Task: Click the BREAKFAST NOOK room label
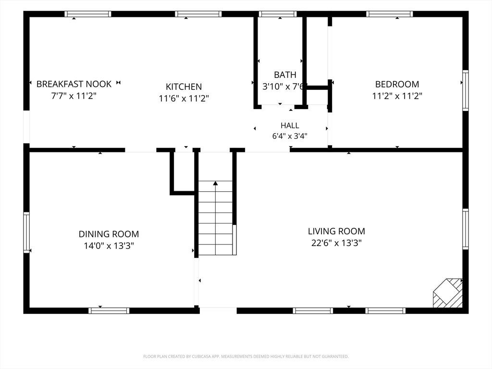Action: pyautogui.click(x=74, y=84)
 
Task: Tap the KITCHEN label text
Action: pyautogui.click(x=184, y=86)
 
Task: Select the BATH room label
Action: pyautogui.click(x=285, y=74)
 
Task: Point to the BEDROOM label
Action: pyautogui.click(x=397, y=84)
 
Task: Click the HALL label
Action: pyautogui.click(x=290, y=125)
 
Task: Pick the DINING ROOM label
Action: pyautogui.click(x=109, y=234)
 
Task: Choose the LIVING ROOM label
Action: pyautogui.click(x=336, y=231)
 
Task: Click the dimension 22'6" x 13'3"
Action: pyautogui.click(x=336, y=243)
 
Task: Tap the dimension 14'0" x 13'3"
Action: pyautogui.click(x=109, y=246)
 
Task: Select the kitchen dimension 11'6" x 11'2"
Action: pyautogui.click(x=184, y=98)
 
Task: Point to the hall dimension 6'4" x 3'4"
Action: pyautogui.click(x=290, y=136)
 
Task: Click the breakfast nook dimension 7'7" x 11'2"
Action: pyautogui.click(x=74, y=96)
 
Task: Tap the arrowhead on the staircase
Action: pyautogui.click(x=215, y=184)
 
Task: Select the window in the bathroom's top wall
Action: pyautogui.click(x=278, y=14)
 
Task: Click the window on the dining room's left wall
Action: pyautogui.click(x=27, y=232)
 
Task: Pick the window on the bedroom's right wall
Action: pyautogui.click(x=466, y=90)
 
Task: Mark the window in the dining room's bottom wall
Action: pyautogui.click(x=109, y=311)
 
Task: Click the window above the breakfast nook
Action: pyautogui.click(x=88, y=14)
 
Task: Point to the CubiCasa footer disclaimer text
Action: pyautogui.click(x=246, y=357)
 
